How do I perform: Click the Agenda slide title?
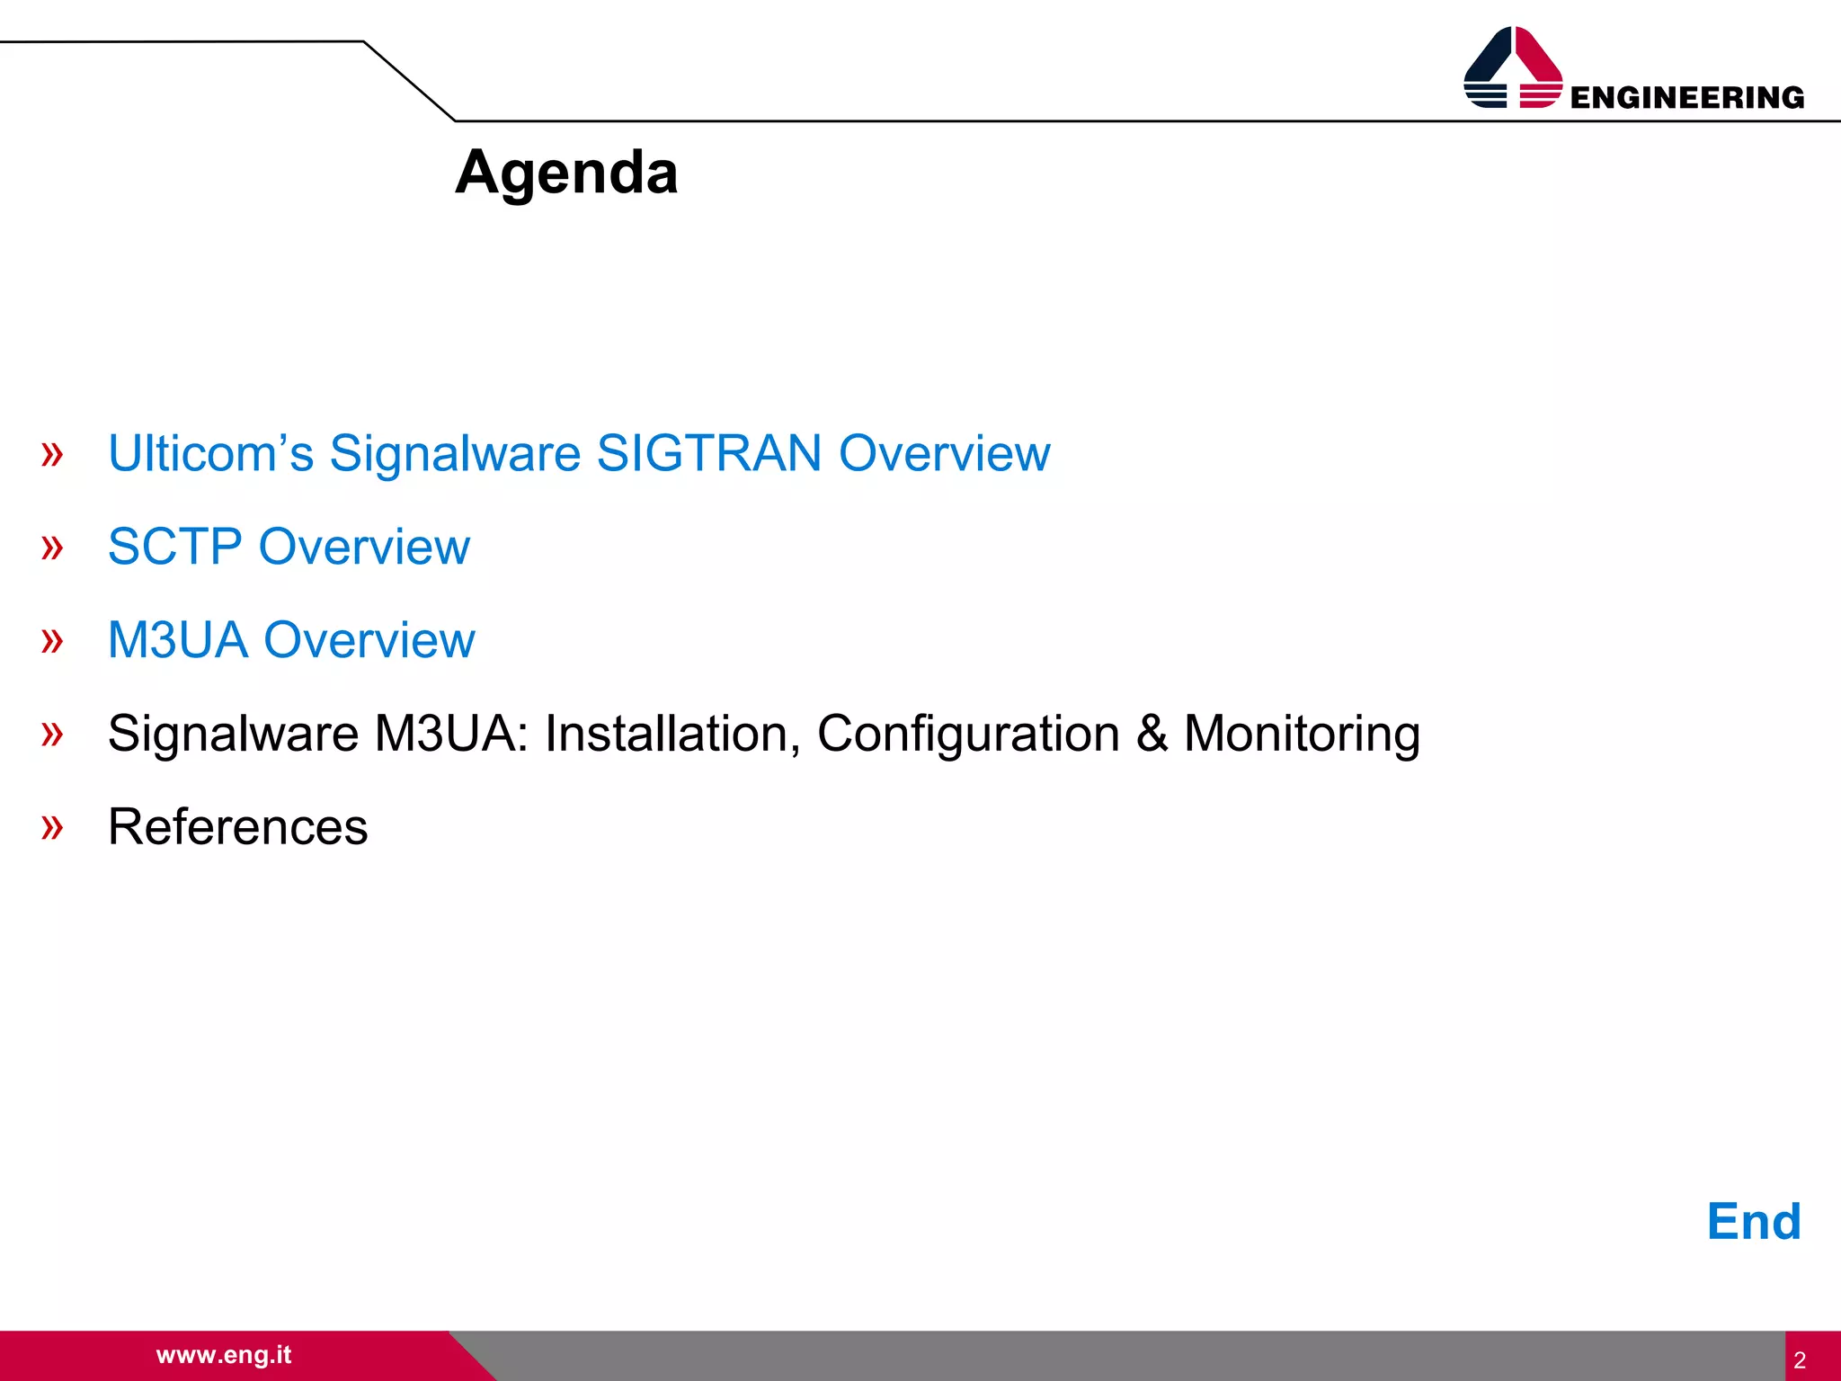[566, 172]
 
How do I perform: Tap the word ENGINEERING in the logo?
[1686, 97]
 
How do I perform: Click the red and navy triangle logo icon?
[1513, 67]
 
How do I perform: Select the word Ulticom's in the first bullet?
[210, 452]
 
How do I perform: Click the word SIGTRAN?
[708, 452]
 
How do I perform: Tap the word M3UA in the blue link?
[177, 639]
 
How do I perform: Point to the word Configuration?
[968, 733]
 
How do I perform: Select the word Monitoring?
[1301, 733]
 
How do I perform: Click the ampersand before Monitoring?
[1152, 733]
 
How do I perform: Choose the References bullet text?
[237, 826]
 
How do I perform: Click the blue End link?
[1753, 1221]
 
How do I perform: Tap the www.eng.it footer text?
[224, 1354]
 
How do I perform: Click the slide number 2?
[1799, 1359]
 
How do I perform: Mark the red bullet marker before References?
[52, 826]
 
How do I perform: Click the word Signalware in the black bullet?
[233, 733]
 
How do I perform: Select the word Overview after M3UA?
[369, 639]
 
